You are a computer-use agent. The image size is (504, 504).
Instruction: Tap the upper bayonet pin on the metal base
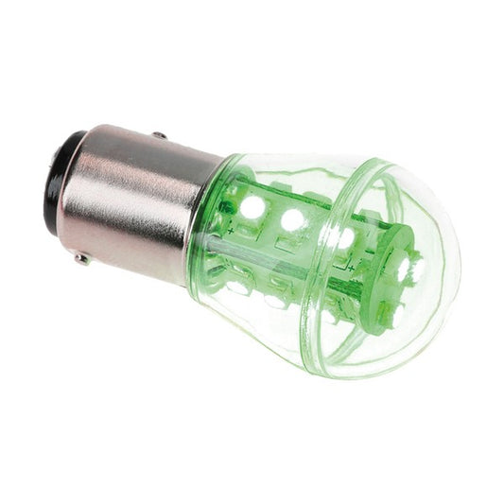(158, 135)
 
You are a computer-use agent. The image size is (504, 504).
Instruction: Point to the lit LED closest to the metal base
(253, 205)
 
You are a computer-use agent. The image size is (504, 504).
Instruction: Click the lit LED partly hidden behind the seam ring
(342, 236)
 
